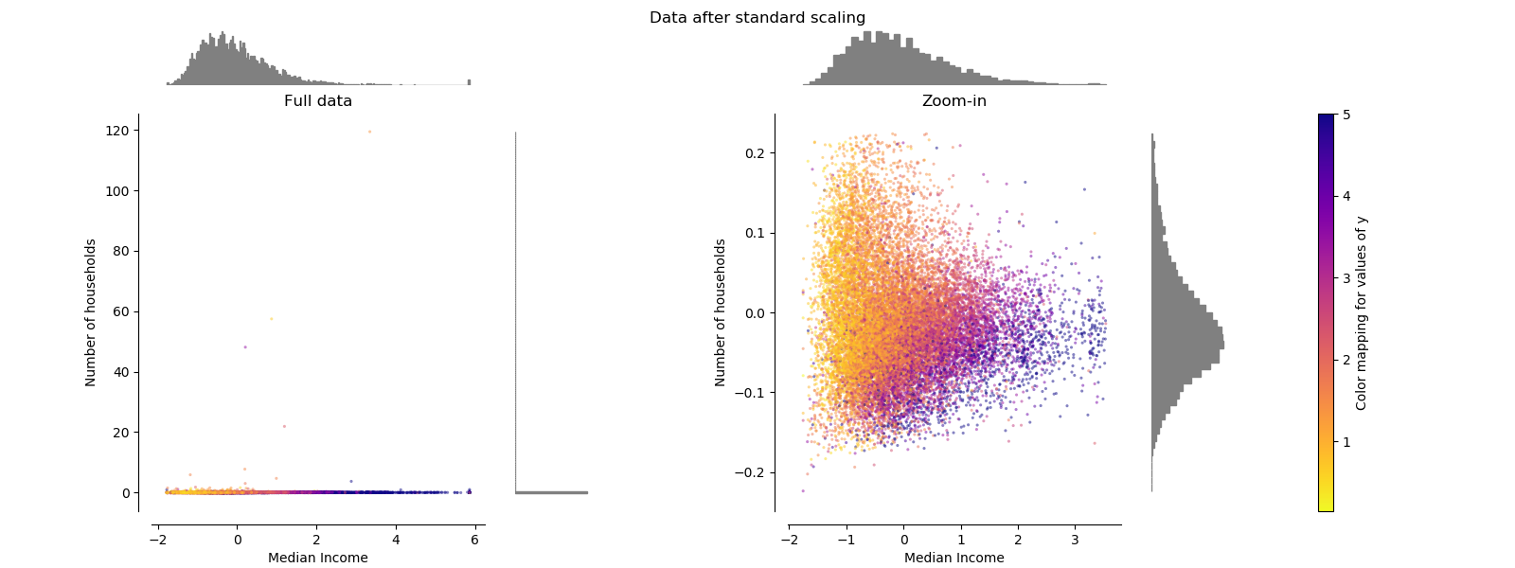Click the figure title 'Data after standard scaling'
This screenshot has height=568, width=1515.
pyautogui.click(x=757, y=18)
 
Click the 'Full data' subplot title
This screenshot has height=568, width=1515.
pyautogui.click(x=318, y=101)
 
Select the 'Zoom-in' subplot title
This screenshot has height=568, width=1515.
pyautogui.click(x=954, y=101)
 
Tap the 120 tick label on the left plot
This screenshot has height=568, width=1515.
pyautogui.click(x=118, y=131)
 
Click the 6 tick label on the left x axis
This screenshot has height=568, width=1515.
pyautogui.click(x=474, y=541)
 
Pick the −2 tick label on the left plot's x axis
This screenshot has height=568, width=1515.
pyautogui.click(x=154, y=541)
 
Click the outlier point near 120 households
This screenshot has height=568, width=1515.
pyautogui.click(x=369, y=132)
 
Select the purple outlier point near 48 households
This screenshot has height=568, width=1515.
pyautogui.click(x=245, y=347)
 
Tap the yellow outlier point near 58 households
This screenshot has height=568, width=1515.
pyautogui.click(x=271, y=319)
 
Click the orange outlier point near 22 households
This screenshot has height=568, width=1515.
pyautogui.click(x=284, y=426)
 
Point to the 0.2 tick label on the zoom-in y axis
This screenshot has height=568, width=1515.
pyautogui.click(x=754, y=153)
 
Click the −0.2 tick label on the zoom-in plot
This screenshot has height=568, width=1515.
pyautogui.click(x=751, y=472)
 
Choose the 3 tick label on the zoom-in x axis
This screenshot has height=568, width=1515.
pyautogui.click(x=1075, y=541)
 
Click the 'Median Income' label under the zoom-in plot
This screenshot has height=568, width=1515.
pyautogui.click(x=954, y=558)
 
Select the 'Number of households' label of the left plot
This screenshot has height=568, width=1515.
pyautogui.click(x=91, y=312)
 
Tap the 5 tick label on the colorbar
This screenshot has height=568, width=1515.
pyautogui.click(x=1346, y=115)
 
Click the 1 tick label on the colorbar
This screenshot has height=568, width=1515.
pyautogui.click(x=1346, y=442)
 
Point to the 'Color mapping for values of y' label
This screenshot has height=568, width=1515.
pyautogui.click(x=1362, y=312)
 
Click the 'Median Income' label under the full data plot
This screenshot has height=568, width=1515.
pyautogui.click(x=318, y=558)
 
